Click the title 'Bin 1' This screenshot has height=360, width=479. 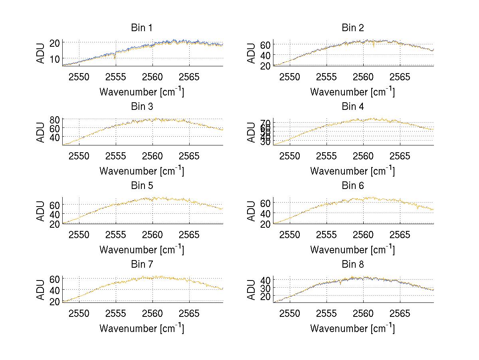click(x=142, y=28)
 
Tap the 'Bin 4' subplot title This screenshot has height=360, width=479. click(x=353, y=107)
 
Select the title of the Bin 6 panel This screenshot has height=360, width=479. click(x=353, y=185)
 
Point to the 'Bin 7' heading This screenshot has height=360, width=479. click(x=142, y=264)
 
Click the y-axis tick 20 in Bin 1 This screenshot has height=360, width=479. click(x=55, y=42)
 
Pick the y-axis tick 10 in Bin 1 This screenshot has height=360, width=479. click(x=55, y=59)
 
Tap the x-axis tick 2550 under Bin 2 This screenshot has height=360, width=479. click(x=290, y=77)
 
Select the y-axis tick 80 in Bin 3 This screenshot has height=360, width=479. click(x=55, y=119)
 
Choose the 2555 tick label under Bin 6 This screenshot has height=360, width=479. click(x=327, y=234)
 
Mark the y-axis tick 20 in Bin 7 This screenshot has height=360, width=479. click(x=55, y=301)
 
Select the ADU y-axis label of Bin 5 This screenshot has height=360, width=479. click(x=40, y=211)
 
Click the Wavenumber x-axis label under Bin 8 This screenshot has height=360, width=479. click(x=353, y=328)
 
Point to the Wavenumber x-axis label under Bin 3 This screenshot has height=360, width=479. click(x=142, y=171)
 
